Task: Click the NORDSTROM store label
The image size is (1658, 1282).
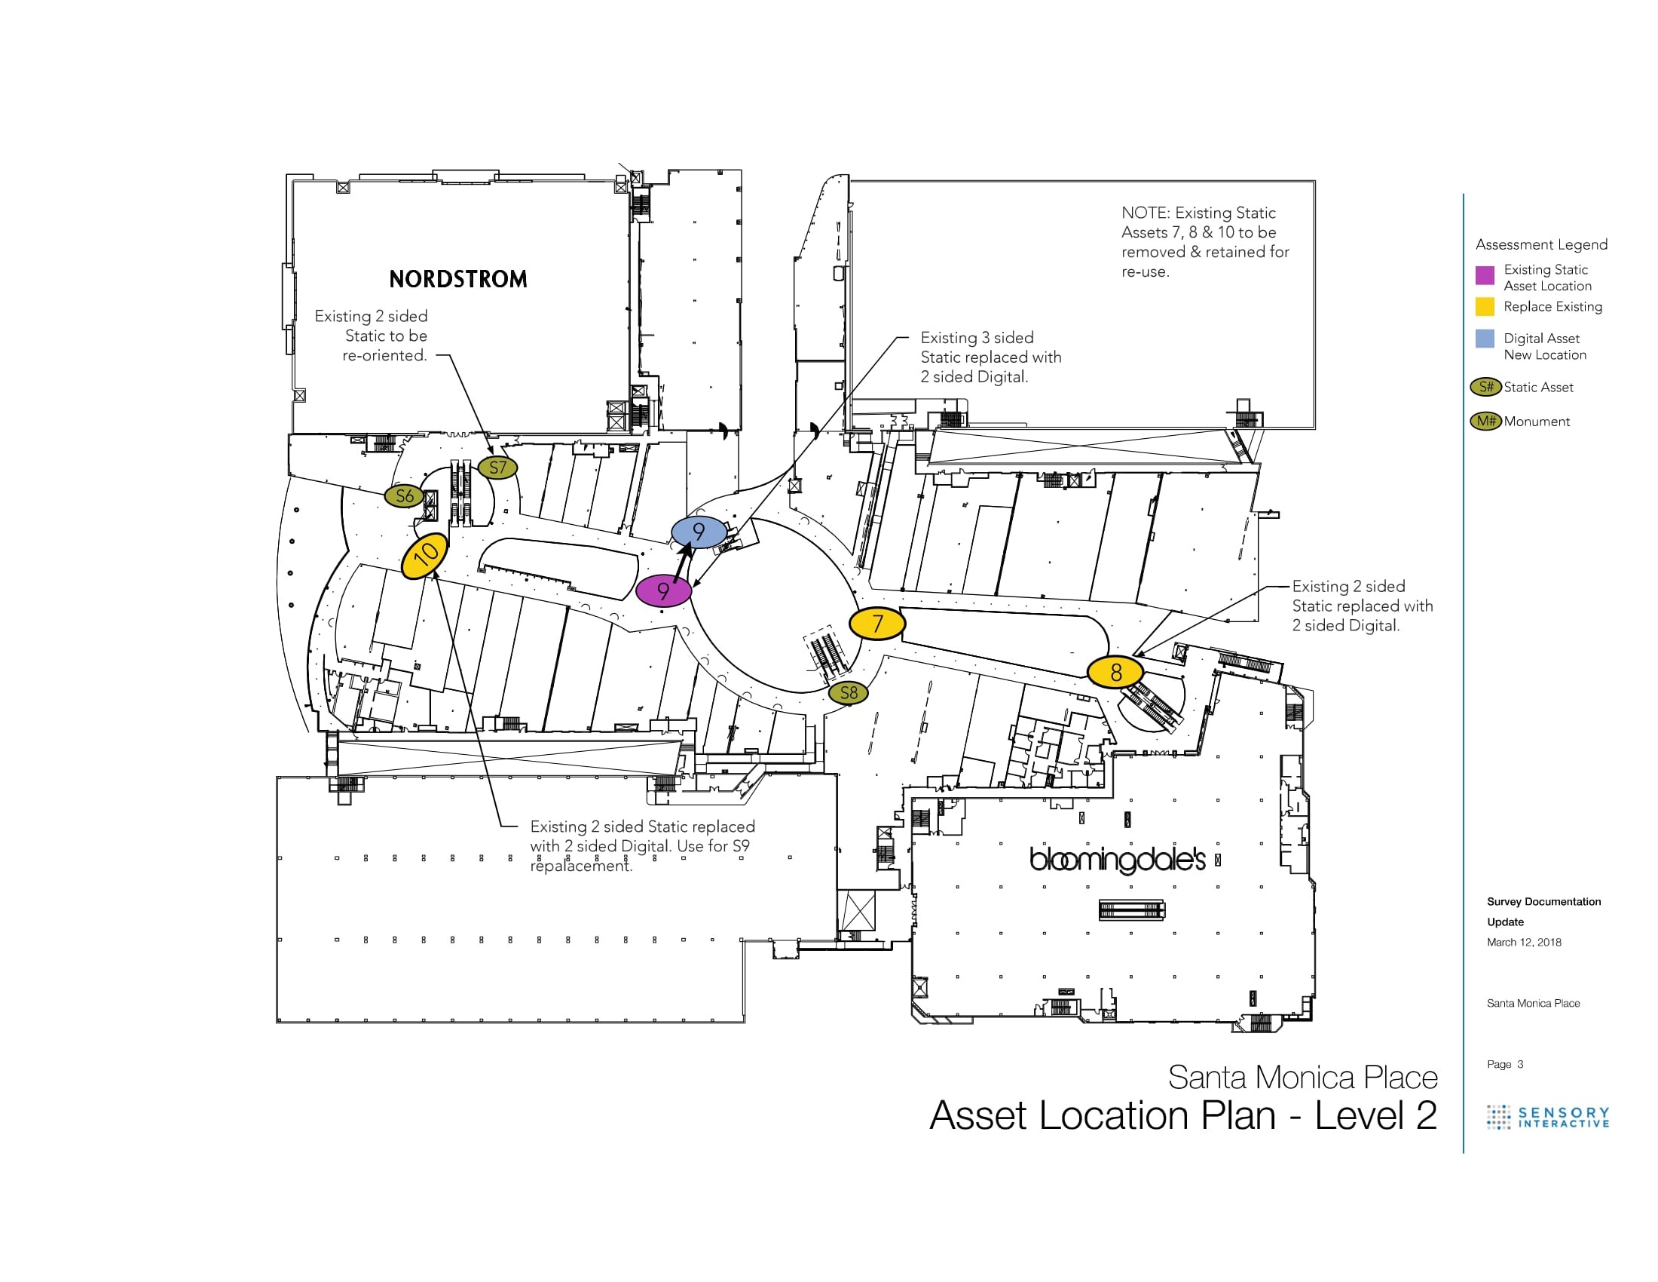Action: [457, 280]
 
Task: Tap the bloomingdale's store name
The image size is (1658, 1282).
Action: [1117, 860]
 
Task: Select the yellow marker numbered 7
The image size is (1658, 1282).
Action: [876, 624]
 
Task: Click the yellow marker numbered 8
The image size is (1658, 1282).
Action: [1115, 672]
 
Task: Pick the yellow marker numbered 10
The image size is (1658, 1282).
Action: [425, 556]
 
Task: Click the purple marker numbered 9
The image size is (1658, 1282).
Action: [663, 591]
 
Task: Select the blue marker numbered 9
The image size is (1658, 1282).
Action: [699, 532]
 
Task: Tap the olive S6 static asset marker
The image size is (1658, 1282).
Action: [405, 496]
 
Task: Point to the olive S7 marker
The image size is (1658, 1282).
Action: [497, 468]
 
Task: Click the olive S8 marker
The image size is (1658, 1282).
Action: [848, 692]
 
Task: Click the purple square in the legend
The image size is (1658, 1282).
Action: [1485, 275]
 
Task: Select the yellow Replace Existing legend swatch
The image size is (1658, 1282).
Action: [1485, 307]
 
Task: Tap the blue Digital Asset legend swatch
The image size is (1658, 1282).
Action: [1485, 339]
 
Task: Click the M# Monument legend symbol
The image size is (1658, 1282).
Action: [1485, 421]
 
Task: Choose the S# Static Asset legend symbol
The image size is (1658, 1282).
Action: [1485, 388]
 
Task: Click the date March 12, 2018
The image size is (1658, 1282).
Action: [1524, 943]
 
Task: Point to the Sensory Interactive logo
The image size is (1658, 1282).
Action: [1548, 1117]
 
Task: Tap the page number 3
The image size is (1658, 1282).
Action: [1520, 1064]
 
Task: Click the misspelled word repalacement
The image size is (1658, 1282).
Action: [581, 866]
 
